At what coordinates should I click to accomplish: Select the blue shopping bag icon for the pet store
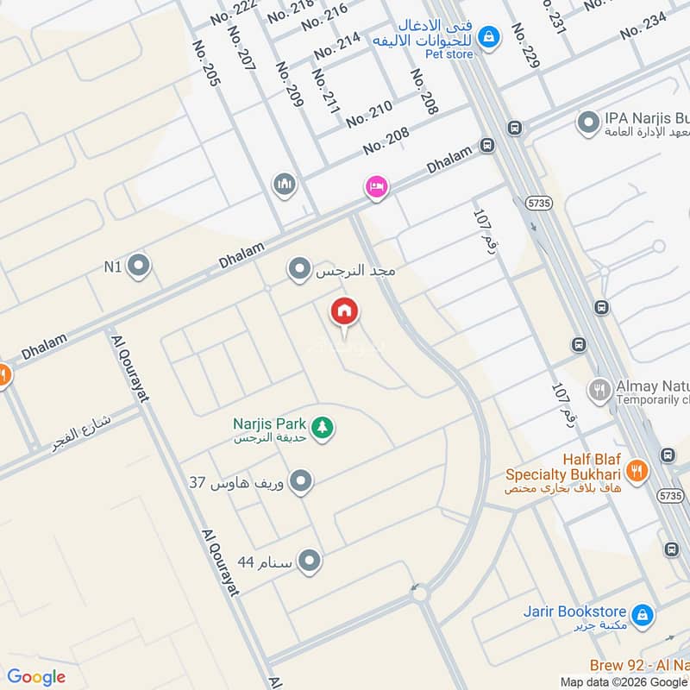click(x=489, y=37)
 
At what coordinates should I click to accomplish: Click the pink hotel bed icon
click(x=376, y=187)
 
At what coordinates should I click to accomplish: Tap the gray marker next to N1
click(x=138, y=267)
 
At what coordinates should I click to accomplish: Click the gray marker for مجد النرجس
click(x=299, y=271)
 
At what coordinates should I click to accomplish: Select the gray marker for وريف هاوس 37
click(x=301, y=481)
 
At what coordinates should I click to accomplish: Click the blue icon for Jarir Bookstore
click(x=642, y=615)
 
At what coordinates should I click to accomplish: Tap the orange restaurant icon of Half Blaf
click(x=637, y=471)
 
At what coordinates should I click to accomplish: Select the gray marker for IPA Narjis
click(x=588, y=123)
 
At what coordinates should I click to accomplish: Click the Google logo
click(x=36, y=676)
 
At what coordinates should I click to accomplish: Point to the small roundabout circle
click(x=420, y=593)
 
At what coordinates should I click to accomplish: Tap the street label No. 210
click(x=369, y=113)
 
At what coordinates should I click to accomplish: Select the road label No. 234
click(x=643, y=22)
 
